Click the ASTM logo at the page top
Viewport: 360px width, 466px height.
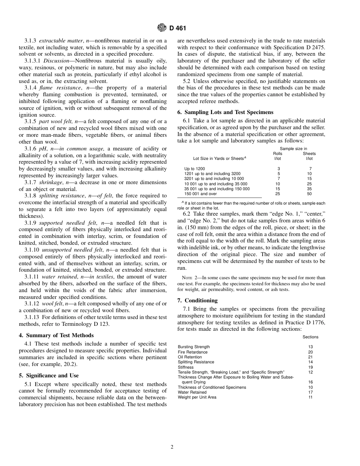click(162, 28)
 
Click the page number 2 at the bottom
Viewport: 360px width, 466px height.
click(172, 447)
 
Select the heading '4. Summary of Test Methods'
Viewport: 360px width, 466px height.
click(56, 335)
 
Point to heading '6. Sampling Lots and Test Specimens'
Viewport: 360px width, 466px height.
click(225, 112)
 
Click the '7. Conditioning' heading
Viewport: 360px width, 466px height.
click(197, 300)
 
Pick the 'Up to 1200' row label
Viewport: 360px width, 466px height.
click(194, 169)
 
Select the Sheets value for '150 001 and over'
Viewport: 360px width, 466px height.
click(309, 194)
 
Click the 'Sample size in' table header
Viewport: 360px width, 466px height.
click(293, 149)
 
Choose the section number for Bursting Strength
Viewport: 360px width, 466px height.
click(310, 347)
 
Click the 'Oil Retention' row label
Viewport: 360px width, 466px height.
click(190, 357)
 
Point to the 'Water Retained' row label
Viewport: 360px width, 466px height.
click(192, 392)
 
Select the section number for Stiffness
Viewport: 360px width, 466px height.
click(310, 367)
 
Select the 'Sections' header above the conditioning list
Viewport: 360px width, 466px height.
click(310, 337)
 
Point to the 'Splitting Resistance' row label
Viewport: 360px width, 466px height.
click(196, 362)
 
